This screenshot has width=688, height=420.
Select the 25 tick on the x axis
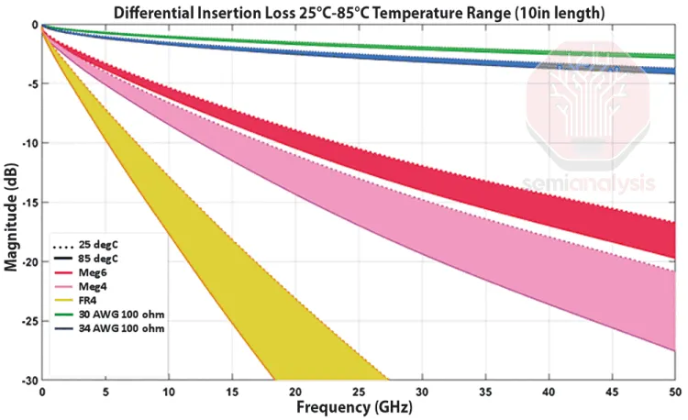[x=359, y=392]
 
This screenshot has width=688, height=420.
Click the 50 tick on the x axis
[x=674, y=392]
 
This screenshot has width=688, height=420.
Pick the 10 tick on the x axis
[x=169, y=392]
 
